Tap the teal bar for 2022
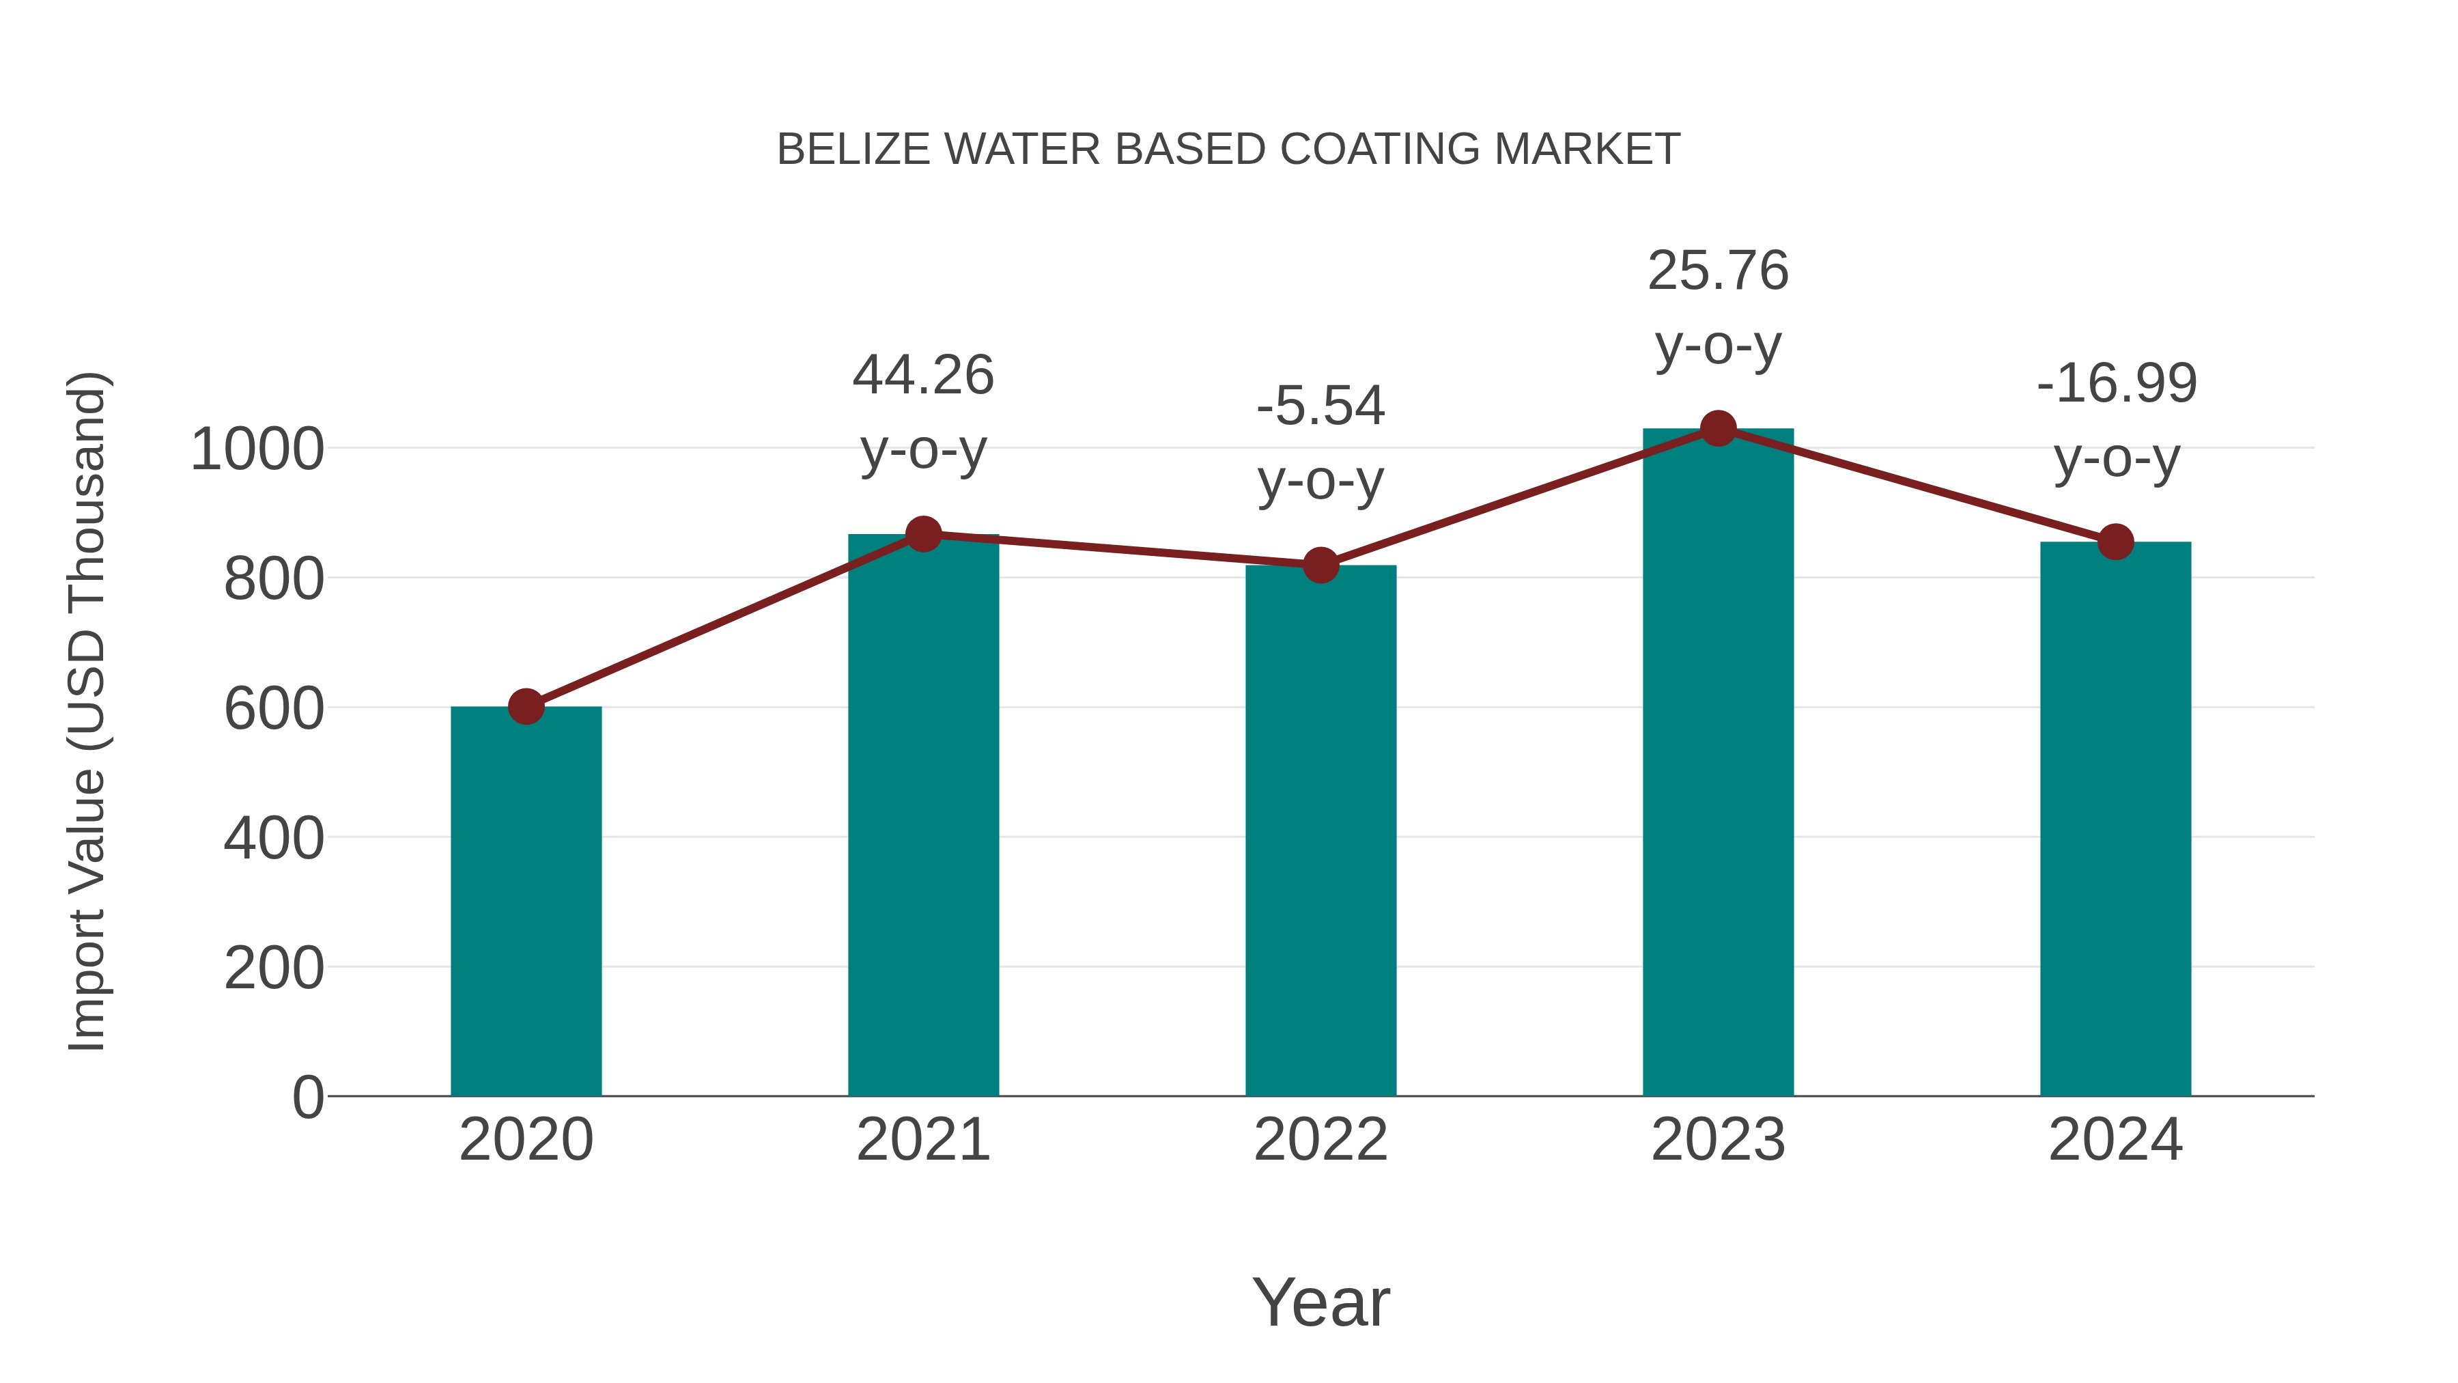click(x=1320, y=830)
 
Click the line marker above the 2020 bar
click(x=526, y=706)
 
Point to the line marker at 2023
click(x=1718, y=428)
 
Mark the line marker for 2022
click(x=1320, y=565)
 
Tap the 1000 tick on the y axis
click(x=257, y=449)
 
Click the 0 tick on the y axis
click(x=307, y=1097)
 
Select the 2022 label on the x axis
click(x=1320, y=1140)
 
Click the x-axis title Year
click(x=1320, y=1302)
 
